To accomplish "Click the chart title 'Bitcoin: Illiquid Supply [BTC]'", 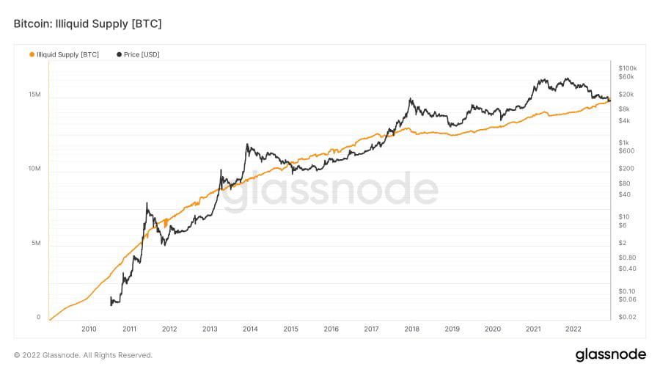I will pos(87,24).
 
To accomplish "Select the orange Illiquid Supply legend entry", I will pos(65,54).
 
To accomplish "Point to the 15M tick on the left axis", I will pos(34,95).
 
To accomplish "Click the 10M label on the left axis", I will pos(34,169).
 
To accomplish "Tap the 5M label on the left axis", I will pos(36,244).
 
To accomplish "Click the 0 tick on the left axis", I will pos(38,317).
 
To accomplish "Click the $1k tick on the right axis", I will pos(623,142).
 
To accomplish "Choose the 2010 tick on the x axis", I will pos(89,329).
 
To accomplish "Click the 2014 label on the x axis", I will pos(250,329).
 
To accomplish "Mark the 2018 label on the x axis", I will pos(412,329).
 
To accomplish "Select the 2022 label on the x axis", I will pos(573,329).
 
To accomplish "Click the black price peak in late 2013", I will pos(247,144).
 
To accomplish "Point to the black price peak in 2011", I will pos(147,204).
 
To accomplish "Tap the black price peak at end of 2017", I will pos(411,99).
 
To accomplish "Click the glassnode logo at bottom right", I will pos(610,355).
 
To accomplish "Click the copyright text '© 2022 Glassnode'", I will pos(83,355).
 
